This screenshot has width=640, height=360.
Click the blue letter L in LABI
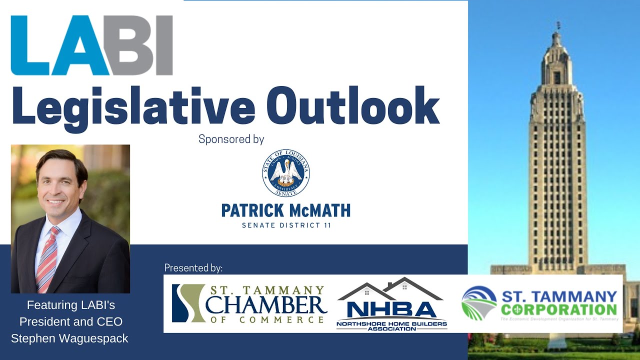point(30,45)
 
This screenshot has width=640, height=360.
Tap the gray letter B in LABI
point(131,45)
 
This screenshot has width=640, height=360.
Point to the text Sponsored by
point(231,139)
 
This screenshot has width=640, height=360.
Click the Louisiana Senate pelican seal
point(285,172)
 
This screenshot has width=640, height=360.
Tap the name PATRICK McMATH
point(285,210)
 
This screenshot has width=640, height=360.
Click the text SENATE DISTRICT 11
point(286,225)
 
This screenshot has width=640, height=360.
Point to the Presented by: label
point(193,268)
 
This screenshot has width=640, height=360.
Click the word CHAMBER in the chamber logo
point(266,304)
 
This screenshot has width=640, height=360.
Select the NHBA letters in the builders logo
point(391,308)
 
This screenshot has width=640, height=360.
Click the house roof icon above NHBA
point(390,288)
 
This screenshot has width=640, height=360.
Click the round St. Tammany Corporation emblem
point(479,303)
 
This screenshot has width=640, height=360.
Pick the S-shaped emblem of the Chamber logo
point(188,303)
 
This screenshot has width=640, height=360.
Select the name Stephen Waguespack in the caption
point(69,338)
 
